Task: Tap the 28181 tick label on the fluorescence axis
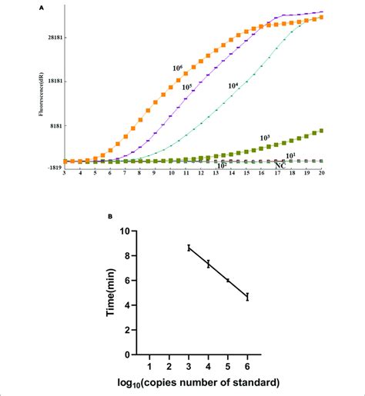pyautogui.click(x=52, y=37)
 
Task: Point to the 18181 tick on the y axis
pyautogui.click(x=52, y=81)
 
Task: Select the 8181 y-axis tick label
pyautogui.click(x=53, y=125)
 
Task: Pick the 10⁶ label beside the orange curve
pyautogui.click(x=177, y=68)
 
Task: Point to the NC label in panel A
pyautogui.click(x=280, y=165)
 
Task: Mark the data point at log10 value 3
pyautogui.click(x=189, y=248)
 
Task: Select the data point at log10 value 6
pyautogui.click(x=247, y=296)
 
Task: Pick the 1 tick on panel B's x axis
pyautogui.click(x=149, y=366)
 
